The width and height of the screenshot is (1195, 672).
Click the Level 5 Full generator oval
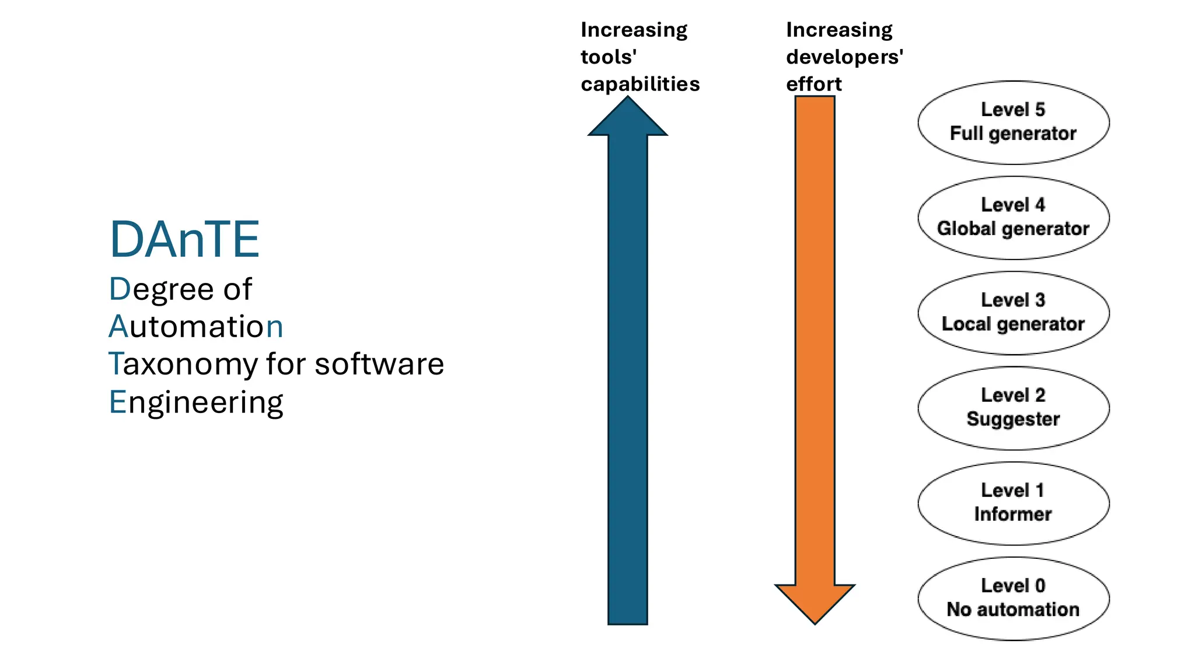[1013, 122]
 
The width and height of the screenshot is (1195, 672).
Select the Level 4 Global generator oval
[1013, 218]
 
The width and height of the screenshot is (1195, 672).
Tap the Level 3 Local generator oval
[1013, 313]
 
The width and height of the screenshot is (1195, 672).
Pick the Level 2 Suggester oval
[1013, 408]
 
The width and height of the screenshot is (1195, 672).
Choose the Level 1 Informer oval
[1013, 503]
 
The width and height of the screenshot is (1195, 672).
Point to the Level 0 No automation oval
[1013, 598]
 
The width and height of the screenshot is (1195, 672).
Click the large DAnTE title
[184, 239]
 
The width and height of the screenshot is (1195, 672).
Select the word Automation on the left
[196, 326]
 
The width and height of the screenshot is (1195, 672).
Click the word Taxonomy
[183, 365]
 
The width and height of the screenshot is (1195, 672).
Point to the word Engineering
[196, 402]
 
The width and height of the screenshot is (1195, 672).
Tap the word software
[379, 364]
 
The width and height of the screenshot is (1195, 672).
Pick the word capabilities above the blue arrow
[640, 84]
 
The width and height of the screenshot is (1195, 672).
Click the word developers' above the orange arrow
[844, 57]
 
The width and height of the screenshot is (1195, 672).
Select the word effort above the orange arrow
[813, 84]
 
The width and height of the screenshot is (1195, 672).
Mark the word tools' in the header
[608, 57]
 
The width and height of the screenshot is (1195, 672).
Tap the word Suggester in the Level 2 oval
[1013, 419]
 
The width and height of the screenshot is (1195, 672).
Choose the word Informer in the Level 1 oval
[1013, 514]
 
